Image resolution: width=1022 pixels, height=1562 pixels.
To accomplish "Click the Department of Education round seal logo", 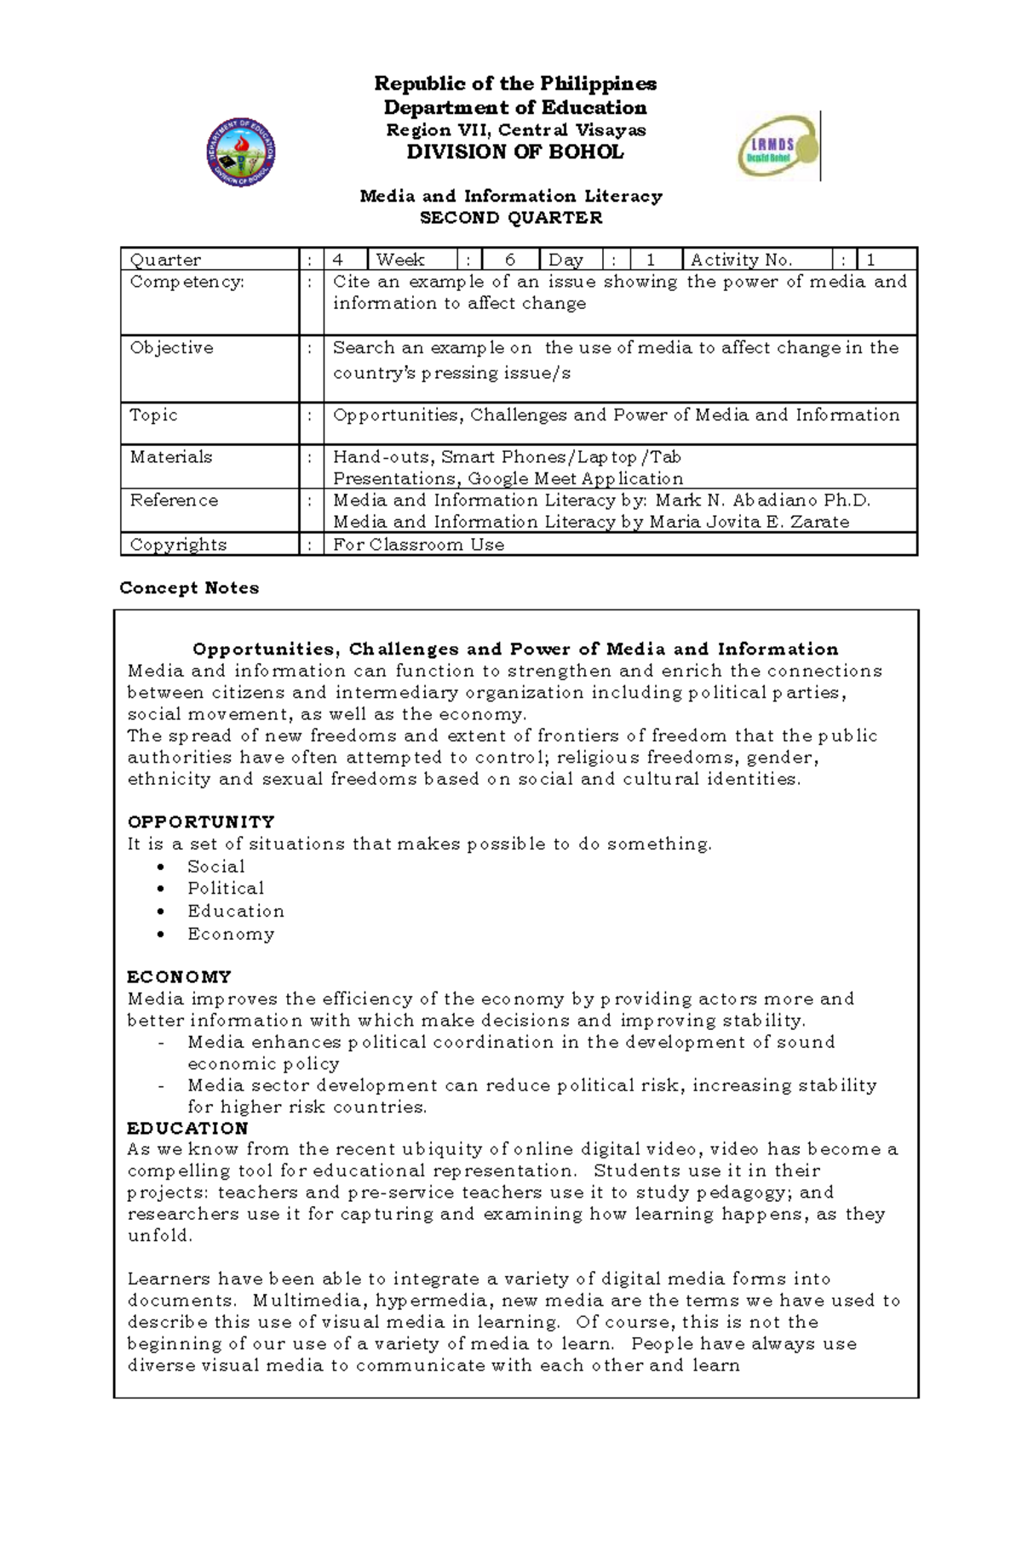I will [240, 152].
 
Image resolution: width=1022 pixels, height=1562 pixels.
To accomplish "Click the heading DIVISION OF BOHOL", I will [514, 152].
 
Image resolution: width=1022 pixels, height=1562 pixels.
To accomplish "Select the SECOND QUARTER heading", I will [511, 218].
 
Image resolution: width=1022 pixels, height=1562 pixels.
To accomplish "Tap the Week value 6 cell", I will [509, 260].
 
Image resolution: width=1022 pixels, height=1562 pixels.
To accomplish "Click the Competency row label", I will [187, 282].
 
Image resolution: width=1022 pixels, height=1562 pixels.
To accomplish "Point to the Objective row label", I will [171, 348].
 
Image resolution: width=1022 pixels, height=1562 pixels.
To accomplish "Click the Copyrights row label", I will [178, 545].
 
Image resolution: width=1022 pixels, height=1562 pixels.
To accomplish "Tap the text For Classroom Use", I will [418, 545].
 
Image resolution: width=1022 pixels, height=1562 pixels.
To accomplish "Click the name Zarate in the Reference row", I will [819, 523].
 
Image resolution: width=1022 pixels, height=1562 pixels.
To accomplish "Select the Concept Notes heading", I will [189, 588].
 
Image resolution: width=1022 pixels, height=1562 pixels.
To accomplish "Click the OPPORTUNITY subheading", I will [201, 822].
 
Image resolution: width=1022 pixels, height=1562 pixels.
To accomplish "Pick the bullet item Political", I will [226, 889].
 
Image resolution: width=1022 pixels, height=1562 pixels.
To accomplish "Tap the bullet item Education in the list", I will [236, 912].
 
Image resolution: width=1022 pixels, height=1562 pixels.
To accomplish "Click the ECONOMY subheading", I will [179, 977].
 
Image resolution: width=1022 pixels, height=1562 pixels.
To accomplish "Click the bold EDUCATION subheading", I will [187, 1129].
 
